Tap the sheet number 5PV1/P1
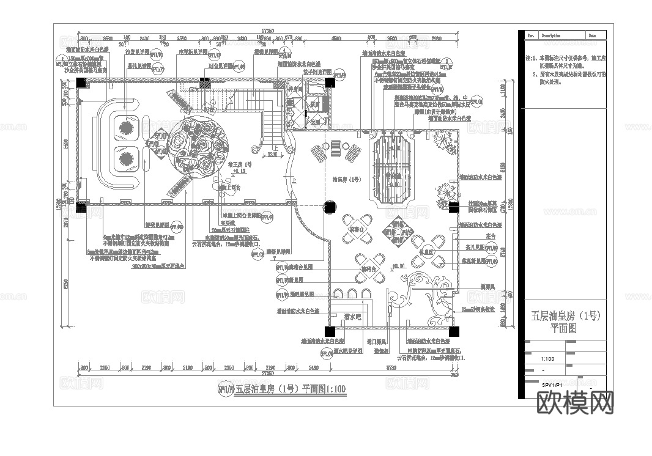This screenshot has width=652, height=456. coord(552,385)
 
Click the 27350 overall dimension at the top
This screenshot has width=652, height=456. coord(267,30)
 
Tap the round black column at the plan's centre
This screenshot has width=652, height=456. coord(330,207)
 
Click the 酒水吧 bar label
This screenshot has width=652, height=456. coord(354,317)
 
